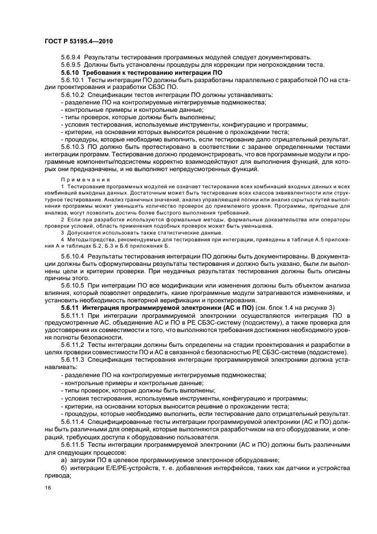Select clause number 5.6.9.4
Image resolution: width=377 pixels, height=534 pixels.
[71, 57]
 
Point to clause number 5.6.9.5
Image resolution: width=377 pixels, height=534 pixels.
[71, 64]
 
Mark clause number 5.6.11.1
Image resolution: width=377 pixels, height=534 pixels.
[73, 315]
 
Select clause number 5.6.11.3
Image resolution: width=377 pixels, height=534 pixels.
[73, 360]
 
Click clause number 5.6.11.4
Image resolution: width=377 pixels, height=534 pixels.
[73, 420]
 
